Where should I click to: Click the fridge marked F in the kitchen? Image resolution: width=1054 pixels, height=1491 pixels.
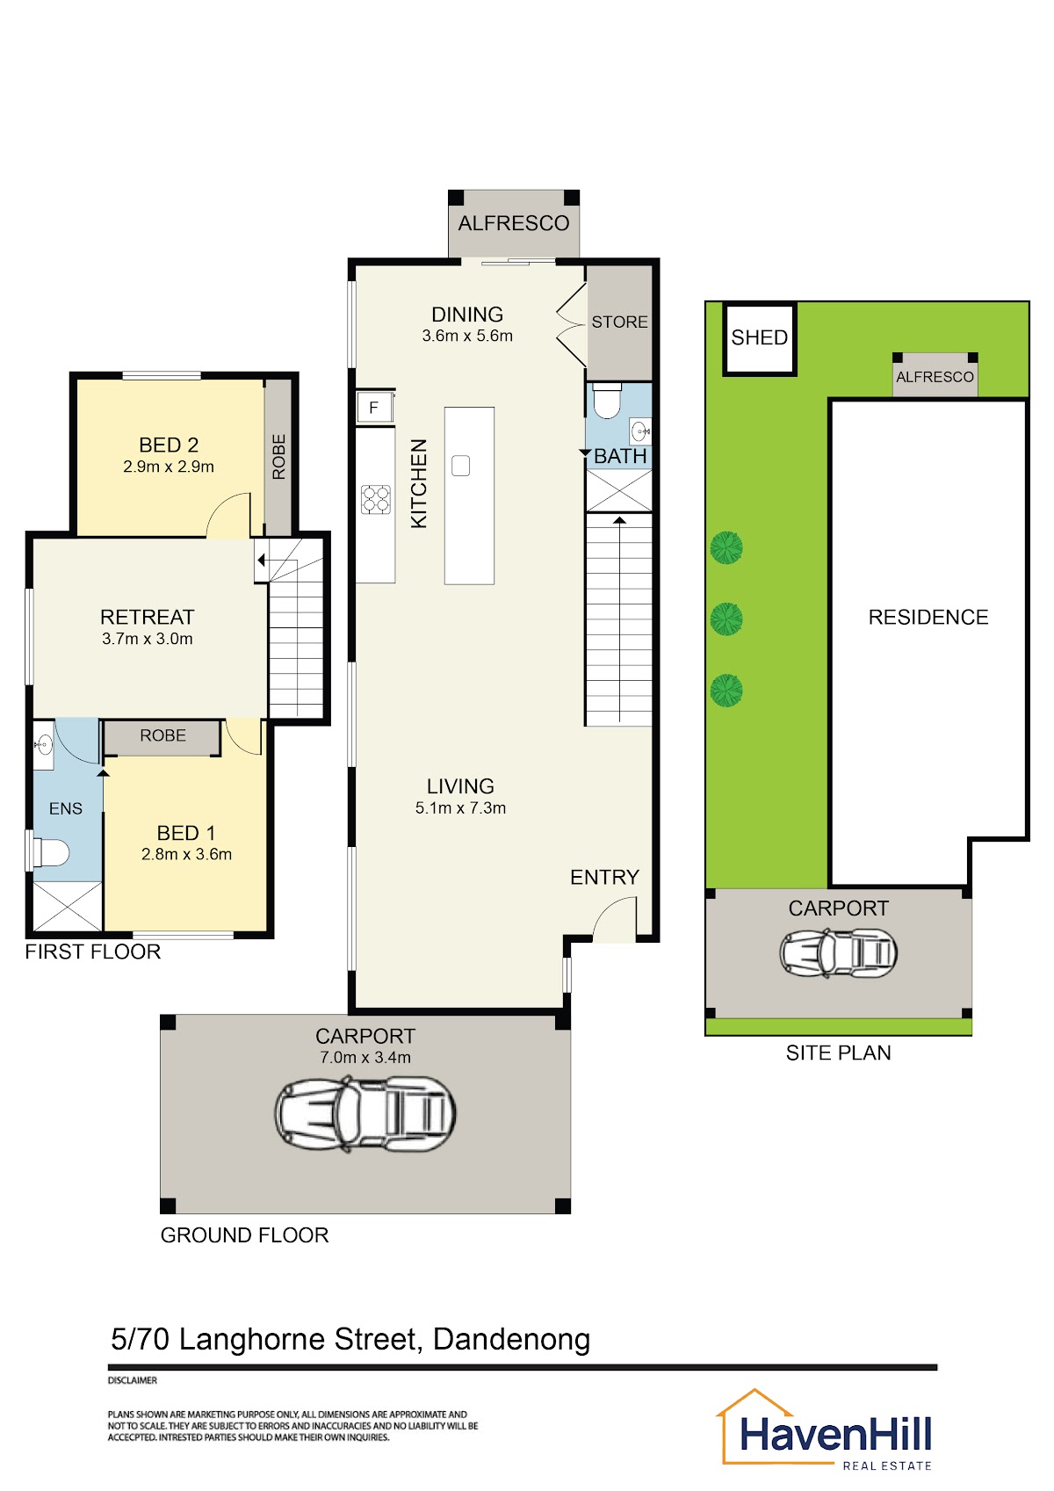(375, 407)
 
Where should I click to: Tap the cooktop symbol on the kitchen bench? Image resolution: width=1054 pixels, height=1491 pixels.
(376, 499)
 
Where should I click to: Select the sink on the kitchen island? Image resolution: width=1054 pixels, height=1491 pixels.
(460, 466)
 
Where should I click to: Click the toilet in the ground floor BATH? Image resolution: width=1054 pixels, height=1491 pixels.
(606, 400)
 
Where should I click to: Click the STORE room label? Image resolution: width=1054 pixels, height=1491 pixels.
(619, 322)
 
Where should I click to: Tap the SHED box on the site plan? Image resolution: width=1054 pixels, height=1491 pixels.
(759, 338)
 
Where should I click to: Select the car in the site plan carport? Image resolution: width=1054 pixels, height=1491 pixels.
(838, 953)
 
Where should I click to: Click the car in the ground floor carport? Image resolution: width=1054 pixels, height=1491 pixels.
(365, 1115)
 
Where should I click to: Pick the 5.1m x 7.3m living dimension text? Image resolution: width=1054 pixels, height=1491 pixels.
(460, 808)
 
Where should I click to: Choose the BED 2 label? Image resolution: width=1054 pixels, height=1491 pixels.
(169, 445)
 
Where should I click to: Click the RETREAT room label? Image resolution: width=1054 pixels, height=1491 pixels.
(147, 617)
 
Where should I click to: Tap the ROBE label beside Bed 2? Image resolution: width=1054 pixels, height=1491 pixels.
(278, 457)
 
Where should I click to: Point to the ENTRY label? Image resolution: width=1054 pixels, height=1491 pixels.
(604, 878)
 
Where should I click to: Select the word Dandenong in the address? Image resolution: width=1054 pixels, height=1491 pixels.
(512, 1339)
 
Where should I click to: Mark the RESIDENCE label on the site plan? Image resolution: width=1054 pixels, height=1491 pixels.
(928, 617)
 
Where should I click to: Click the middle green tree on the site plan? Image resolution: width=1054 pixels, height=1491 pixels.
(726, 619)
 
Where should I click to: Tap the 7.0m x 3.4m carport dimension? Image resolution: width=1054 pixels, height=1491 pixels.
(365, 1057)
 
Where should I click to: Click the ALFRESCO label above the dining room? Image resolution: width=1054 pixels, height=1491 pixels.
(514, 223)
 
